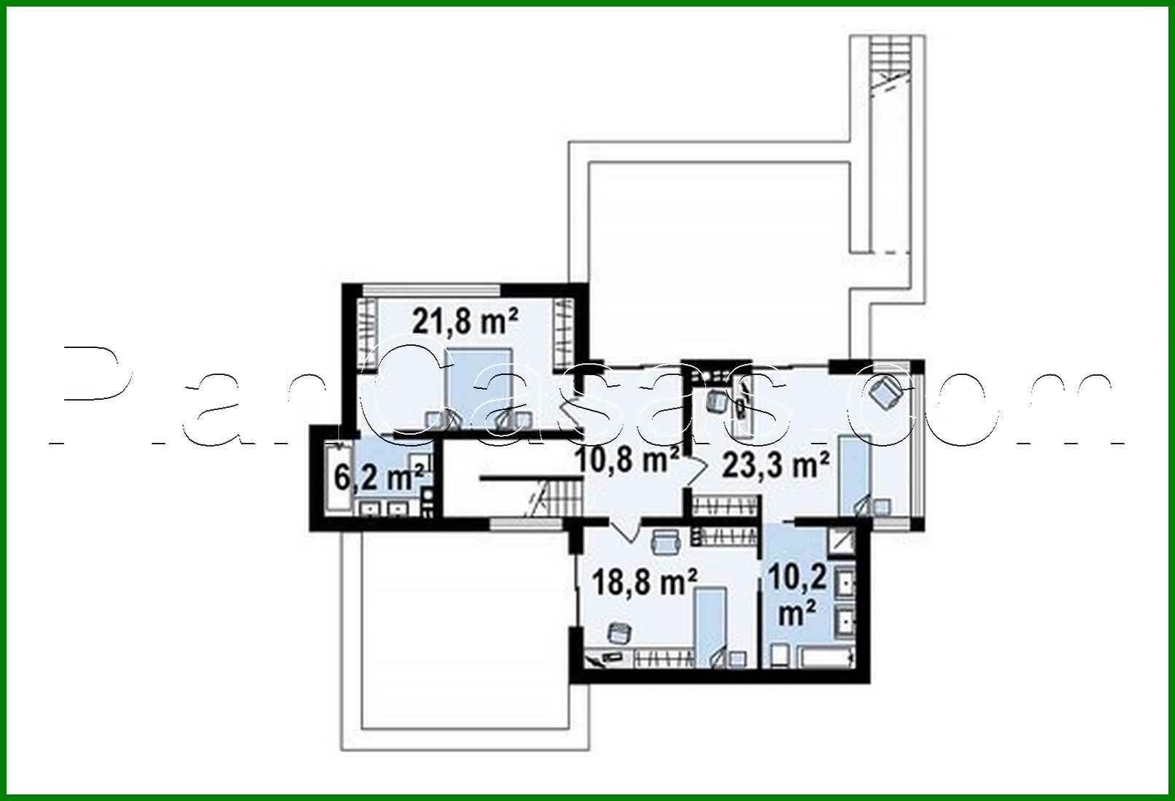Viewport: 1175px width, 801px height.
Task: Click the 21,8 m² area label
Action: (465, 320)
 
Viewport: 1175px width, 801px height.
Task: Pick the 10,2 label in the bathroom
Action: (799, 578)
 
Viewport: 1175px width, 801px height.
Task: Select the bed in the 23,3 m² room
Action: (854, 474)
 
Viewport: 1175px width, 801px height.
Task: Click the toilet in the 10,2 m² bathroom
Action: (777, 654)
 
